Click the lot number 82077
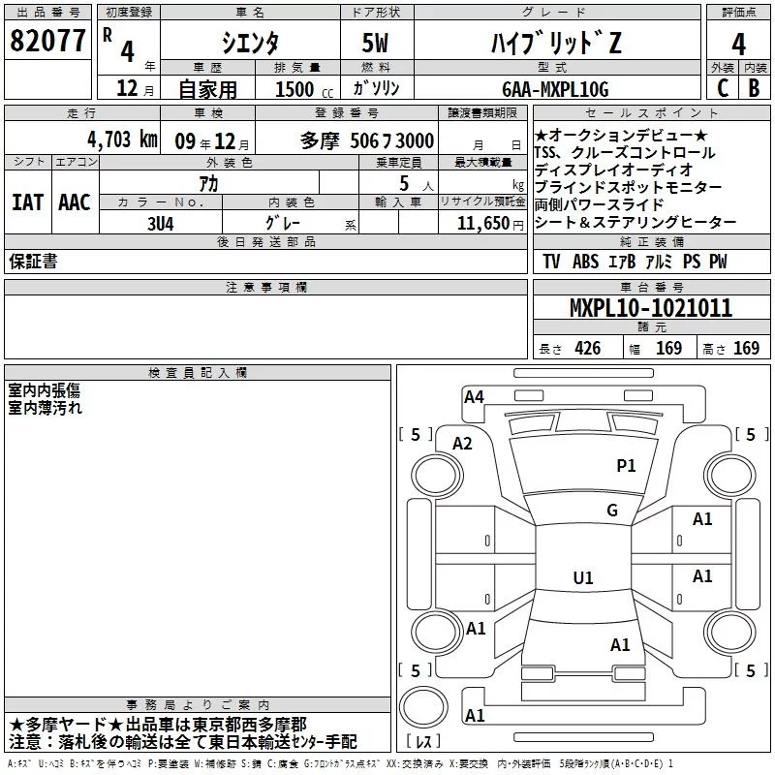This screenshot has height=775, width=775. tap(47, 42)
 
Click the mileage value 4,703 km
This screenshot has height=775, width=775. tap(122, 139)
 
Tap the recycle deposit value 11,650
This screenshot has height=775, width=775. tap(479, 223)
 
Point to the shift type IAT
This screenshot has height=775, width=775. tap(27, 202)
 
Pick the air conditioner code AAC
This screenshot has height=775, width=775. tap(74, 202)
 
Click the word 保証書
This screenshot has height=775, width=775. tap(32, 263)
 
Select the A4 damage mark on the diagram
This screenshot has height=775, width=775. tap(474, 396)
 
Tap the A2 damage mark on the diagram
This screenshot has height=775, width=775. tap(462, 443)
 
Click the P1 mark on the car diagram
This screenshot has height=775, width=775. tap(626, 466)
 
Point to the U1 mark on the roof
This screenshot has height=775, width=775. tap(582, 578)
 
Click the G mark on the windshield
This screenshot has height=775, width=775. tap(611, 511)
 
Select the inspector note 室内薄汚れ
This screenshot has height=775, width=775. tap(46, 408)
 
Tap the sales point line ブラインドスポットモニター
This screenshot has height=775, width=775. tap(628, 187)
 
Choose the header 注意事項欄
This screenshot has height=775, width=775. tap(266, 288)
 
